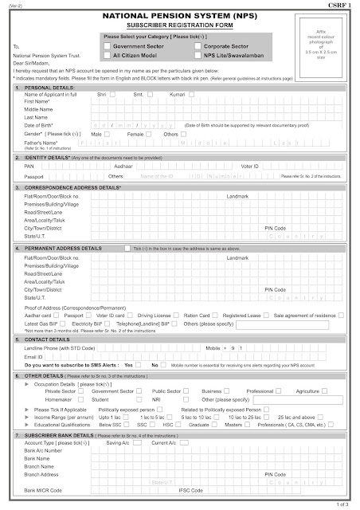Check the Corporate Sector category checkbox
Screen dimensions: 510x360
[x=187, y=48]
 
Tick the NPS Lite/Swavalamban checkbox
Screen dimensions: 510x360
[x=187, y=57]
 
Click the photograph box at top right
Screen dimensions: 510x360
[x=322, y=45]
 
